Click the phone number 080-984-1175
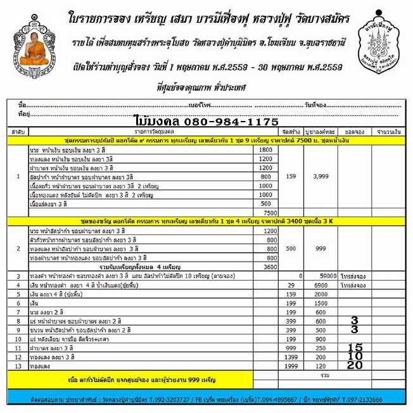click(206, 121)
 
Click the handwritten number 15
click(355, 347)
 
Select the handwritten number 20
click(355, 365)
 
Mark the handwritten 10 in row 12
click(355, 356)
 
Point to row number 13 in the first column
click(18, 366)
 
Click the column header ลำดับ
click(18, 130)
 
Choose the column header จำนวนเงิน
click(386, 130)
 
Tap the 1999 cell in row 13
click(291, 366)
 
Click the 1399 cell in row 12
click(291, 357)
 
